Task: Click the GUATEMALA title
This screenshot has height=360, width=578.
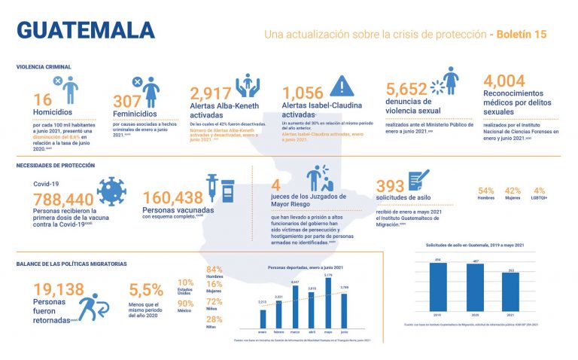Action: coord(85,30)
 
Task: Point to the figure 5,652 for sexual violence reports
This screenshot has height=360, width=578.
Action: coord(406,90)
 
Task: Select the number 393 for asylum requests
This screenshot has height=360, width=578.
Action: coord(391,186)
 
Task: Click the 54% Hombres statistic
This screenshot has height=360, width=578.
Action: coord(485,194)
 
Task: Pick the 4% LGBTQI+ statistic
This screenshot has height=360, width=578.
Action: coord(538,194)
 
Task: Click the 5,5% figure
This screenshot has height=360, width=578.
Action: coord(146,290)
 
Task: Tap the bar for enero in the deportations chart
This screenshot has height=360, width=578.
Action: coord(262,316)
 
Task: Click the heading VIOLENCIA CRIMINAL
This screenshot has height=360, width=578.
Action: coord(44,66)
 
